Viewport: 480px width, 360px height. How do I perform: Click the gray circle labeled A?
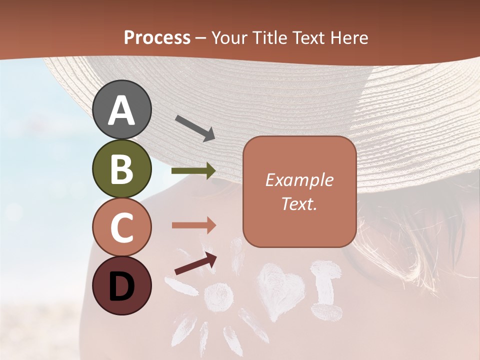coord(121,109)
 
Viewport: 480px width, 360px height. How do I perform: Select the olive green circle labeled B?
coord(121,168)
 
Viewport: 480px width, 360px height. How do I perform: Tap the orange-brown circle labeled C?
coord(121,227)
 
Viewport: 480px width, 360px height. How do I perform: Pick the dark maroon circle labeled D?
coord(121,285)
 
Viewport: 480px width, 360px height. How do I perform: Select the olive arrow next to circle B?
coord(193,171)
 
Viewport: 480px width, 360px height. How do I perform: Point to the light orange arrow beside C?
coord(193,225)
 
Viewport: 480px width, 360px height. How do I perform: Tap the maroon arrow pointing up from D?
coord(195,264)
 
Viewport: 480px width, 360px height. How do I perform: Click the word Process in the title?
coord(157,37)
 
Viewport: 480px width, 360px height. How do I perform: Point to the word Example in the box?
coord(299,180)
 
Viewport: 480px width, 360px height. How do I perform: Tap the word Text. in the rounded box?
coord(299,203)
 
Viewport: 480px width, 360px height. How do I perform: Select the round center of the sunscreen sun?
coord(218,297)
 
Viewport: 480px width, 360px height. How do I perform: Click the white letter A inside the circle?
coord(121,110)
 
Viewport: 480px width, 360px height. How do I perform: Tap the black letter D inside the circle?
coord(121,286)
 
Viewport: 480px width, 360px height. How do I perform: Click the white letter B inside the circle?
coord(121,169)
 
